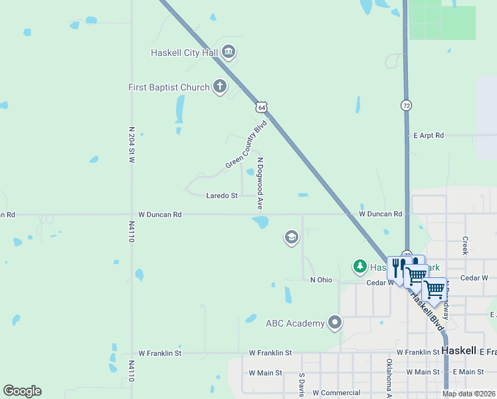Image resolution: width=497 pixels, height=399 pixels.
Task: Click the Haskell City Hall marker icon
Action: coord(229,53)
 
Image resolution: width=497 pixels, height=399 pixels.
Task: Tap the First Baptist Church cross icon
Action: coord(220,86)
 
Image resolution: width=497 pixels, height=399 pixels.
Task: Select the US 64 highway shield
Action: coord(262,106)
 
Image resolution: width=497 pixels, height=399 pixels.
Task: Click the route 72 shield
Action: coord(406,105)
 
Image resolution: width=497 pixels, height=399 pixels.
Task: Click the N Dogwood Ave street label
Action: coord(261,183)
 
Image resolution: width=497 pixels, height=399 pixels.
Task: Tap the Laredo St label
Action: coord(222,196)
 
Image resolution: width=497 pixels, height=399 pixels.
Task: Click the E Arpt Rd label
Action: coord(428,135)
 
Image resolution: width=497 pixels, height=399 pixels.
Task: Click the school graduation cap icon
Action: coord(291,237)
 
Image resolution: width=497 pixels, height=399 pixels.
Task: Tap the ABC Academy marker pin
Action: coord(336,324)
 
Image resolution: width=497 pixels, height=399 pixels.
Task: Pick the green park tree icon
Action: coord(360,267)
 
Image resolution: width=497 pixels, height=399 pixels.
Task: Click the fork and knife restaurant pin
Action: coord(397,265)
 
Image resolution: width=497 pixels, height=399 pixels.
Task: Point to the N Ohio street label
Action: coord(321,280)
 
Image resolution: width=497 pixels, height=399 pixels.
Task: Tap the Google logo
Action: coord(22,391)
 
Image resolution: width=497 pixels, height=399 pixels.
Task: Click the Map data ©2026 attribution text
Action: coord(468,394)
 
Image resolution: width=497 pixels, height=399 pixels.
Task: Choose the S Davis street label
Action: coord(301,384)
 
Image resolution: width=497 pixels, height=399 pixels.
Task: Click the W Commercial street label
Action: coord(336,393)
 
